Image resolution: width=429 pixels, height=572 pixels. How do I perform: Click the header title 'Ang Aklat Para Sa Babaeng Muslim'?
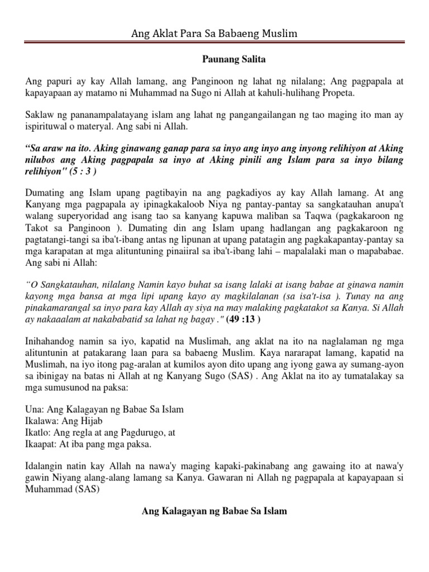point(214,34)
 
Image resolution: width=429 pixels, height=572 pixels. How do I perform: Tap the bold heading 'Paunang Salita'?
point(214,58)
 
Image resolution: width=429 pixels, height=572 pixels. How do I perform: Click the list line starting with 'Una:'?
point(104,409)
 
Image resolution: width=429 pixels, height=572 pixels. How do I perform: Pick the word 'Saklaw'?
point(40,115)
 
